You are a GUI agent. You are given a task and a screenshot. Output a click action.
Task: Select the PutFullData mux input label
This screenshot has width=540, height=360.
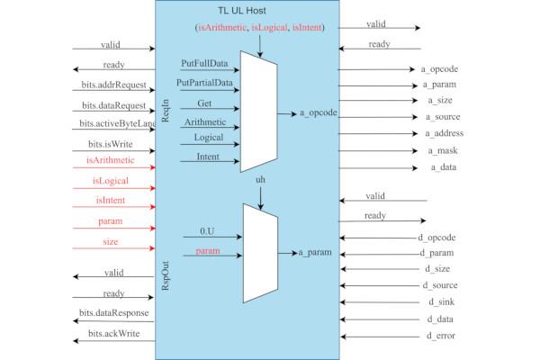[203, 64]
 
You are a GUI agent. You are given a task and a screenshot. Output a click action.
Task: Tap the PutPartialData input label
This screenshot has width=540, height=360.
[205, 84]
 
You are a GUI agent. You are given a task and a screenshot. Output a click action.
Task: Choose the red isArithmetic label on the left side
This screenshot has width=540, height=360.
[110, 160]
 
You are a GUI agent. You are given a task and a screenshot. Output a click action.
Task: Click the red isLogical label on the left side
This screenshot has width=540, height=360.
[111, 181]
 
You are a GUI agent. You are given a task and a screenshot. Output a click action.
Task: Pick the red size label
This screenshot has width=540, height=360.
[111, 242]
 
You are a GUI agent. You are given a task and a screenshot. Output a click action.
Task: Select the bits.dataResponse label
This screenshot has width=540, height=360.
[113, 313]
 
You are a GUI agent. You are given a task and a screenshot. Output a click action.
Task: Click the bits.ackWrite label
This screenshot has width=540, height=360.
[111, 334]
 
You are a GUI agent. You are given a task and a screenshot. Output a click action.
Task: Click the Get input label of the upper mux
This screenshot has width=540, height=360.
[204, 103]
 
